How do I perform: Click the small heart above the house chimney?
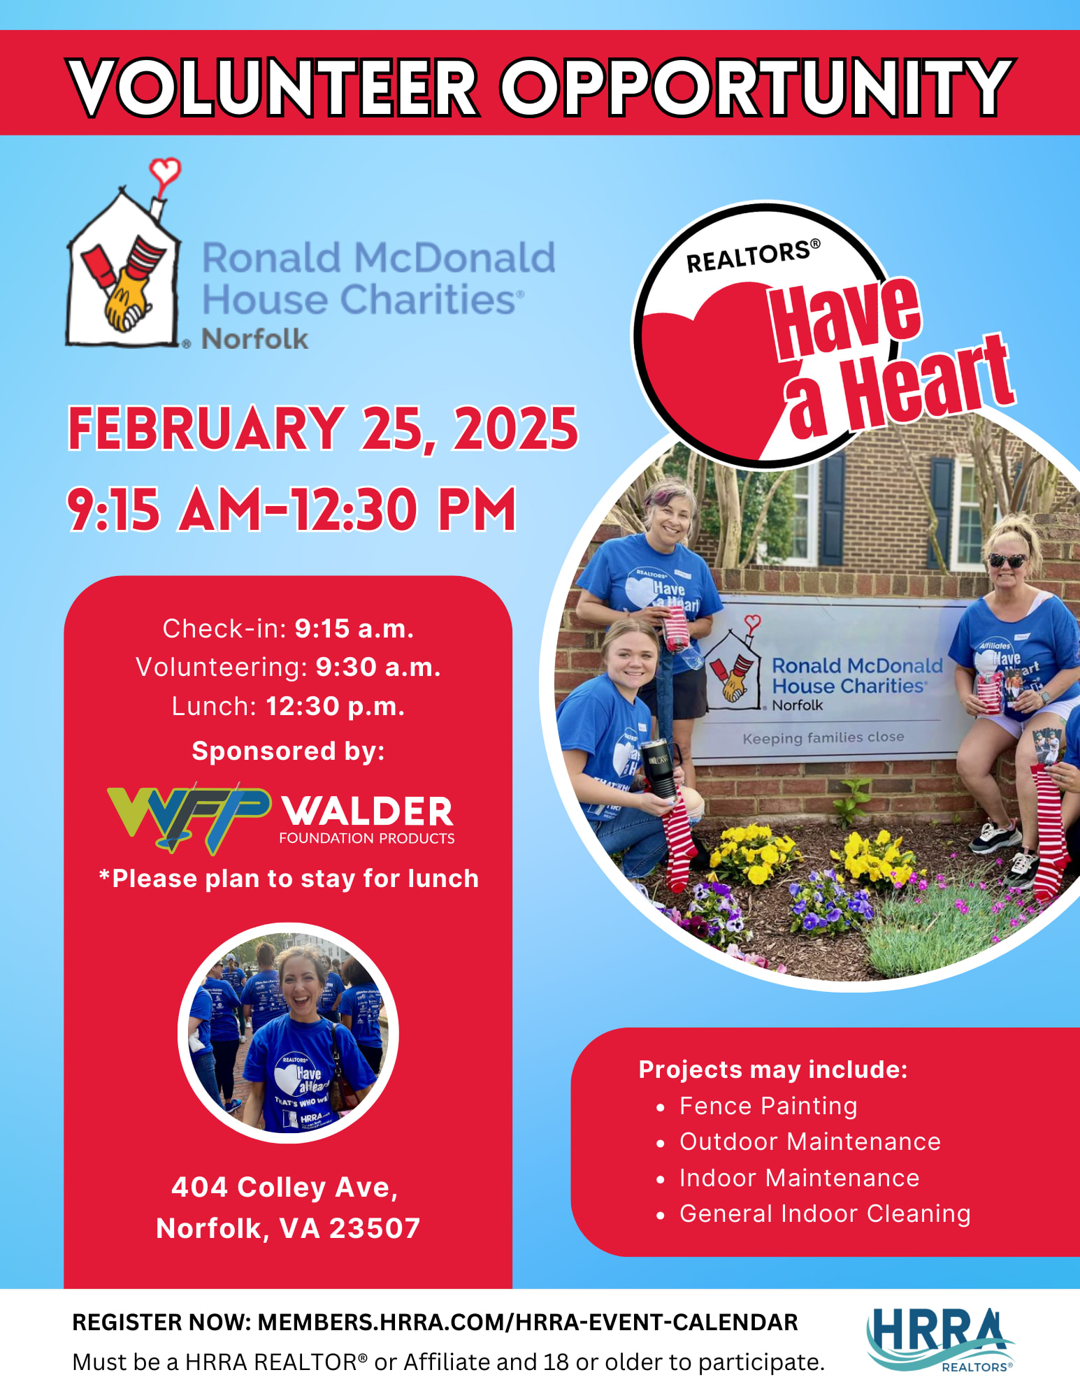[165, 171]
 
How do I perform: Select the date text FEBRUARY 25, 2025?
[323, 428]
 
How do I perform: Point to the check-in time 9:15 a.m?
[354, 629]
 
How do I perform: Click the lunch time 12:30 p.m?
[336, 707]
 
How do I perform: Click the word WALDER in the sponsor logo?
[368, 811]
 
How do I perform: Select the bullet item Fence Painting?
[768, 1106]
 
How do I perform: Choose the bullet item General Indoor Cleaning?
[825, 1213]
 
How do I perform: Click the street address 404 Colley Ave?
[285, 1187]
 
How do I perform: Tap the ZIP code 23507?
[375, 1228]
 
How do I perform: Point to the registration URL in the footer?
[528, 1323]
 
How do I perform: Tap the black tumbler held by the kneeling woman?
[660, 768]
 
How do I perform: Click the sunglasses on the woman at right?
[1007, 561]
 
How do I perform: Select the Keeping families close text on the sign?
[823, 738]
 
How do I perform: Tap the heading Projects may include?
[773, 1069]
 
